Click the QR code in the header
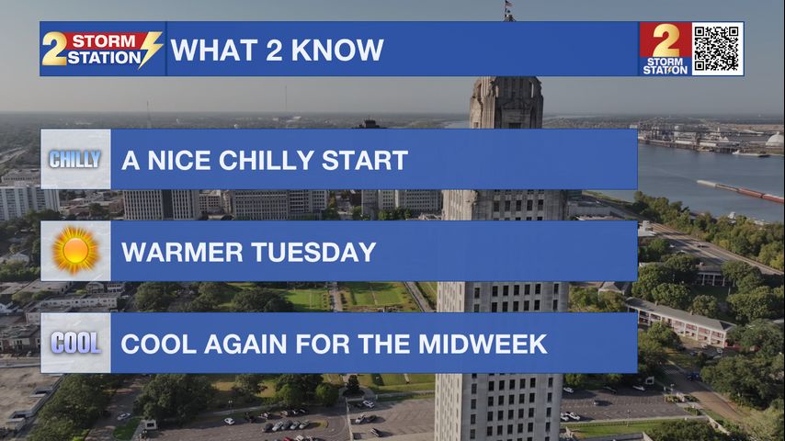coord(716,49)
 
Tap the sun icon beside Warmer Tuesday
coord(75,250)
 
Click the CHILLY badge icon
coord(75,159)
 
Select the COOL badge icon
coord(75,344)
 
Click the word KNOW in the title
coord(337,50)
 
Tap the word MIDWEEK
coord(483,344)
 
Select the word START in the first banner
coord(364,160)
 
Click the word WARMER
coord(182,252)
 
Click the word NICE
coord(178,160)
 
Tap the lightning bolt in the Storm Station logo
coord(151,49)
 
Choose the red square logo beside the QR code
coord(665,49)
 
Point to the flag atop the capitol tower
coord(508,6)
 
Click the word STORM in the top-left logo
coord(104,40)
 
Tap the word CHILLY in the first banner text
coord(266,160)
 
